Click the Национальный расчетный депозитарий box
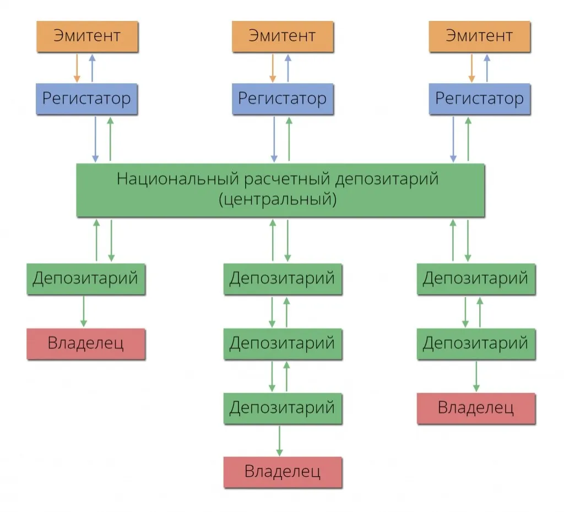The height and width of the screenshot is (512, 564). tap(280, 189)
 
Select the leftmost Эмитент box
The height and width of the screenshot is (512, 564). tap(87, 37)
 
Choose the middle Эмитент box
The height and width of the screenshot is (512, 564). tap(282, 37)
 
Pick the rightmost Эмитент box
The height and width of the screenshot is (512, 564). tap(479, 37)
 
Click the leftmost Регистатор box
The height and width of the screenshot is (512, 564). tap(87, 99)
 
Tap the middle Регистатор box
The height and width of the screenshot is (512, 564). tap(282, 99)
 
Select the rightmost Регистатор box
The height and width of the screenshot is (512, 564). tap(479, 99)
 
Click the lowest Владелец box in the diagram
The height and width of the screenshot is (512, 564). tap(283, 472)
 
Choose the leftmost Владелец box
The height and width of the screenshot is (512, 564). tap(86, 344)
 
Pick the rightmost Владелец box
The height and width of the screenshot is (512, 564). tap(476, 408)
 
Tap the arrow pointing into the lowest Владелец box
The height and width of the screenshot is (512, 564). tap(280, 440)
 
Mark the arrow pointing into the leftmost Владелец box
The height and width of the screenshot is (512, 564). tap(83, 312)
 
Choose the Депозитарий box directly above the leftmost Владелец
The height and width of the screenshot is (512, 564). tap(86, 279)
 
